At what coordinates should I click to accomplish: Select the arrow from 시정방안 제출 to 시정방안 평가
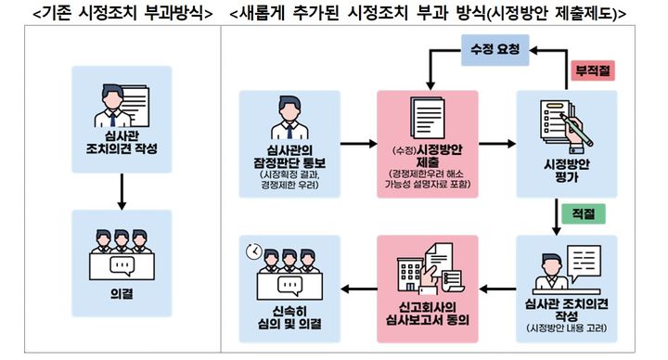pos(496,145)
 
